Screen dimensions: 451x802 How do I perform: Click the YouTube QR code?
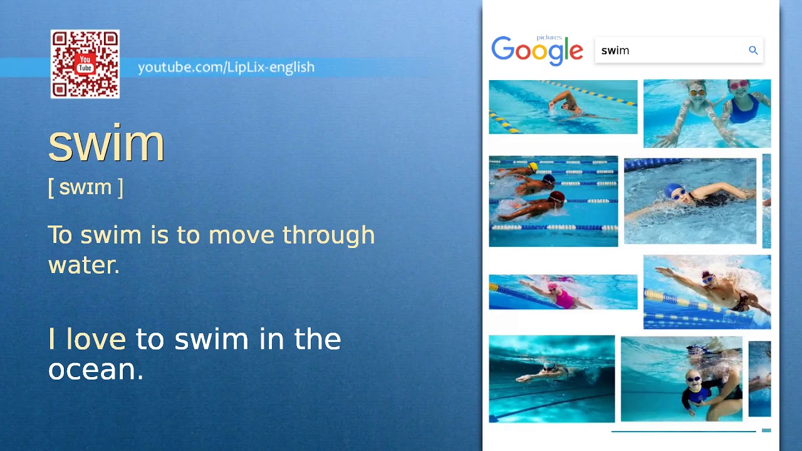(85, 64)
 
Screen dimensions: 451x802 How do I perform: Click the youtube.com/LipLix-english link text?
(226, 67)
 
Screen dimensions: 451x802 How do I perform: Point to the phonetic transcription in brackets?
(85, 187)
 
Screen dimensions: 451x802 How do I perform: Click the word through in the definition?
(328, 236)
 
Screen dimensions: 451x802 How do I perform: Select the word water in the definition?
(83, 265)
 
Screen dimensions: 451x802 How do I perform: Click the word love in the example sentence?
(96, 339)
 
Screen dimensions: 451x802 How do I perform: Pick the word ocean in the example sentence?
(95, 370)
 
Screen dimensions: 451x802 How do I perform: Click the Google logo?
(537, 51)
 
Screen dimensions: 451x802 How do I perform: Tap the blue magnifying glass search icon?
(753, 51)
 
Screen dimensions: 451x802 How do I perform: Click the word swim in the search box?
(615, 51)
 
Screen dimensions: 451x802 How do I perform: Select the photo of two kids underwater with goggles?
(707, 113)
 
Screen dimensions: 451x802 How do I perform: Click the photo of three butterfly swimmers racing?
(553, 201)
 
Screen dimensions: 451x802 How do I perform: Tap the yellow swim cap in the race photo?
(533, 167)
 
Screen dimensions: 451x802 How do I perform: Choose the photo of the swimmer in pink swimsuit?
(563, 292)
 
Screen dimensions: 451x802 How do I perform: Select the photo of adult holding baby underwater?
(681, 379)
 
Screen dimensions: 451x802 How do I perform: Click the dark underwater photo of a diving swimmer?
(551, 378)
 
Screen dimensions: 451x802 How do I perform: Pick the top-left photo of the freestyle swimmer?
(563, 106)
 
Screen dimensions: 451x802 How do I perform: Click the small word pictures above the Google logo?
(549, 38)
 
